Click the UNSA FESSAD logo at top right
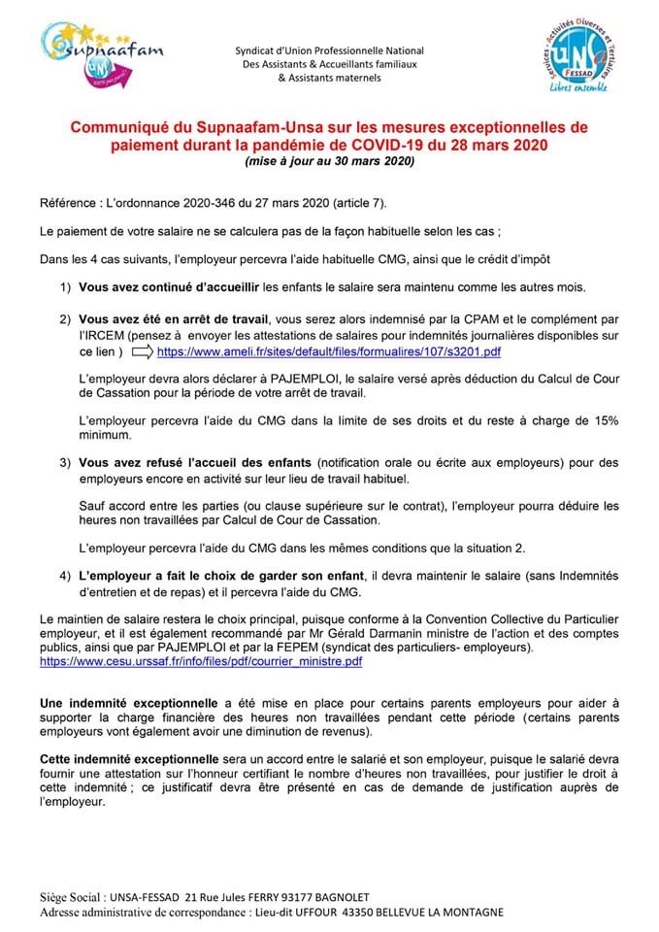point(577,57)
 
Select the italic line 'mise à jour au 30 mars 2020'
point(329,162)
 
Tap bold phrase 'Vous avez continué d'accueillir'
point(169,288)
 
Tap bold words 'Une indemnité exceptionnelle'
point(129,702)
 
